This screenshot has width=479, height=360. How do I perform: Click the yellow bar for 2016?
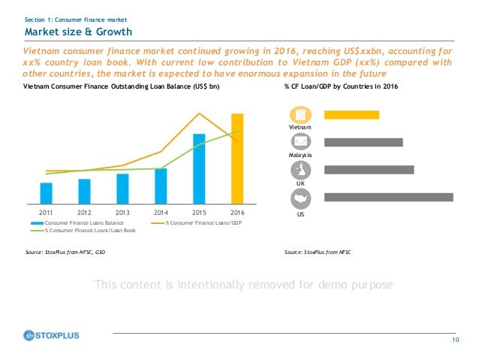pos(237,159)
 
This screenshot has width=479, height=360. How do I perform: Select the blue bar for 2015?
pos(199,168)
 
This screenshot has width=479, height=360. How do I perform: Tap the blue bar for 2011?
pos(47,193)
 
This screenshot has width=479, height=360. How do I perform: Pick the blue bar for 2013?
pos(122,189)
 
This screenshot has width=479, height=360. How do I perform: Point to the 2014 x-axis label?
pos(161,213)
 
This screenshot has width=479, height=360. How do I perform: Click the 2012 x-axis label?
pos(84,213)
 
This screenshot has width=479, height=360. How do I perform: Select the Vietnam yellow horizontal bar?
pos(351,114)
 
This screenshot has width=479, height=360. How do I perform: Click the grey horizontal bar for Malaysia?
pos(363,142)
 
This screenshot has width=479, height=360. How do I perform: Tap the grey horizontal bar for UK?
pos(368,169)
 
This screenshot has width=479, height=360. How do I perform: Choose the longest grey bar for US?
pos(387,197)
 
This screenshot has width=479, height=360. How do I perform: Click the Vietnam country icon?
pos(300,114)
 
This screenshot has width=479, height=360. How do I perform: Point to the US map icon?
pos(300,198)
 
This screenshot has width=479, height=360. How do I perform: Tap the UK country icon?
pos(300,170)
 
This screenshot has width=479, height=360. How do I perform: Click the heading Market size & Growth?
pos(78,32)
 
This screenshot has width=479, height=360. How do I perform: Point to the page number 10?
pos(455,342)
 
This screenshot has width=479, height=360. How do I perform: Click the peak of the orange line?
pos(199,113)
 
